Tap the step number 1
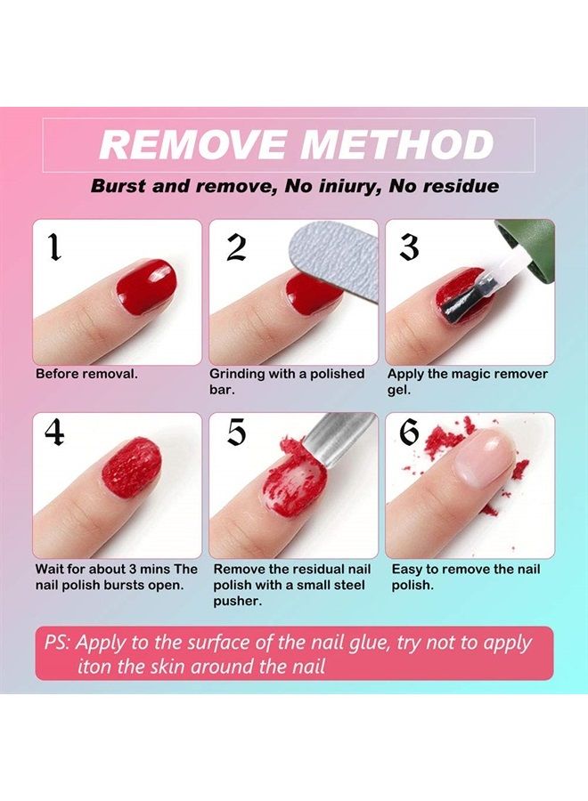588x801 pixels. tap(54, 247)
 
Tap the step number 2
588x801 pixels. tap(235, 247)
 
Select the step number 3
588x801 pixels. tap(409, 247)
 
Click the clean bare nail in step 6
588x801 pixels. tap(485, 462)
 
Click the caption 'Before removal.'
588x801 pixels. tap(86, 374)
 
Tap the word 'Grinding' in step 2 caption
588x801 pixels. tap(240, 374)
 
